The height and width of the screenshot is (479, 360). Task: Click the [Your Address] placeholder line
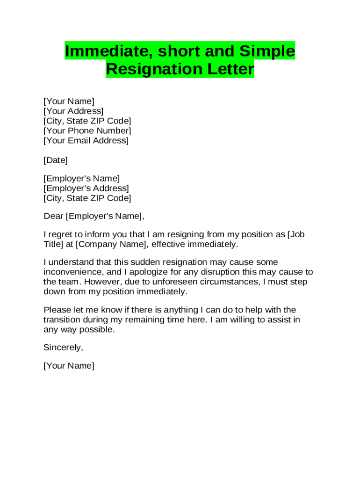[x=73, y=111]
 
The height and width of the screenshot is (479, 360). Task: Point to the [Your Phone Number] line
[x=87, y=131]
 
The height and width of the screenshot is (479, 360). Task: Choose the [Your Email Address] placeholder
[x=86, y=141]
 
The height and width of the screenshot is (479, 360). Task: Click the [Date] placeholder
[x=56, y=160]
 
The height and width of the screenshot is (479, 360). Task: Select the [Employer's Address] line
[x=86, y=189]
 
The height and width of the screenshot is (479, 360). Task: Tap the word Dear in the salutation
[x=53, y=216]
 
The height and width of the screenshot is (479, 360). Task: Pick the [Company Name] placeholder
[x=111, y=244]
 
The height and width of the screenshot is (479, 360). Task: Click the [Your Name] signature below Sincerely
[x=69, y=366]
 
